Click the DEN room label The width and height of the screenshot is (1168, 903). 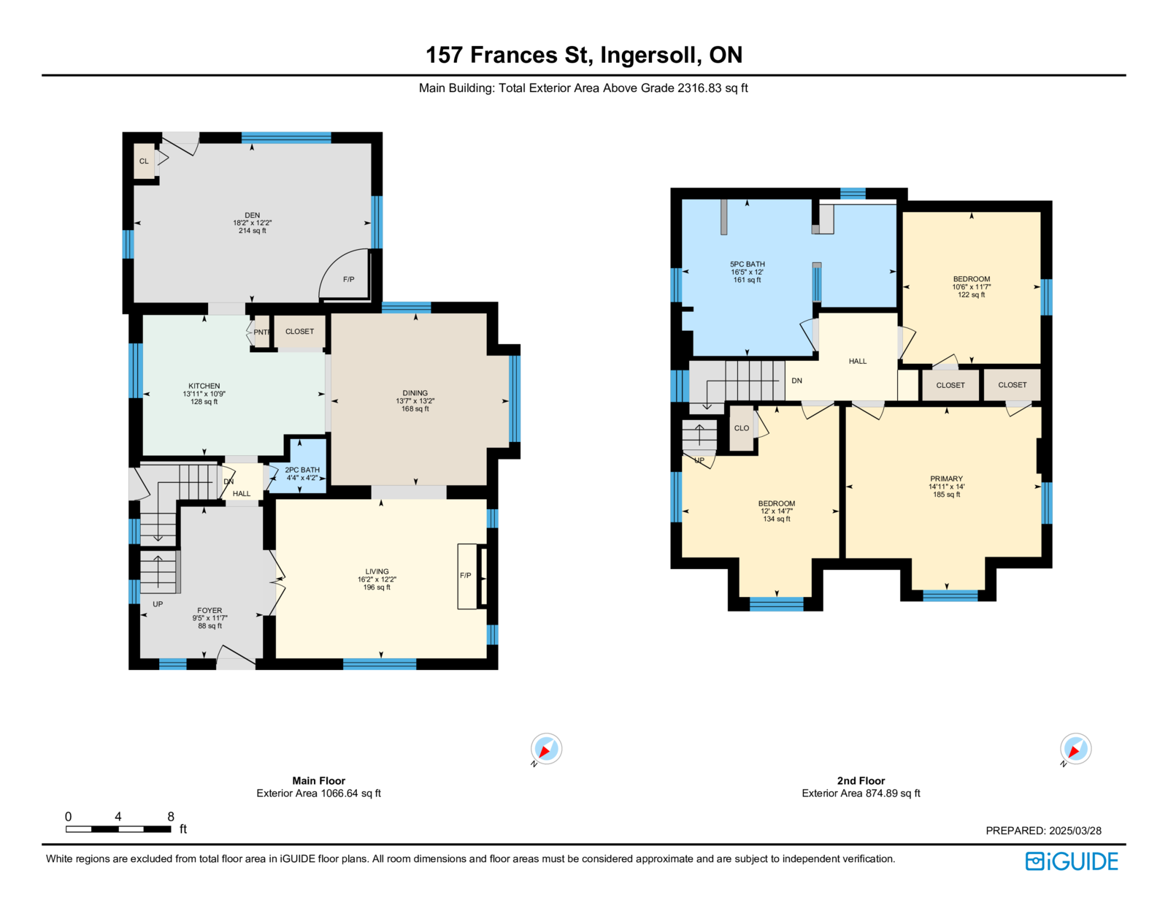[x=252, y=215]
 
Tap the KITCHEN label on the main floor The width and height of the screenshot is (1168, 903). [x=204, y=386]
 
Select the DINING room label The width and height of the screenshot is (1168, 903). [x=415, y=393]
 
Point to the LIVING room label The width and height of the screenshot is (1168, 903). [x=377, y=572]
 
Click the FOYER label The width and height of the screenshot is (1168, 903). [x=210, y=611]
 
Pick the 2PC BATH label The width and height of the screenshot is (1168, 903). [x=302, y=470]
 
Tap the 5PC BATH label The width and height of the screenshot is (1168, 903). [x=747, y=264]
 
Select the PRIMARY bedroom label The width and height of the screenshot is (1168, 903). [x=947, y=479]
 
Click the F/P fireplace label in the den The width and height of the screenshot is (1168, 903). [x=349, y=279]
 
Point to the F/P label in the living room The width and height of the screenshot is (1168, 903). [x=466, y=576]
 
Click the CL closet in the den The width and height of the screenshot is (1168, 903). [x=144, y=161]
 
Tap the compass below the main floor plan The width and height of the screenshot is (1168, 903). [x=546, y=749]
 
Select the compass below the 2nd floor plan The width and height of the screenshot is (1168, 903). [x=1075, y=749]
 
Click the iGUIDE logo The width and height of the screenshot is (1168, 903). [x=1071, y=861]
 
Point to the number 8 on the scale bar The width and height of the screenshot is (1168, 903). [x=171, y=816]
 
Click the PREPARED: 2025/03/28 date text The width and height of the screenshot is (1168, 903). [x=1043, y=831]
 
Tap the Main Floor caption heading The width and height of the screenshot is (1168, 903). [x=319, y=780]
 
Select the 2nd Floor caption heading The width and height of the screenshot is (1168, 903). [x=861, y=780]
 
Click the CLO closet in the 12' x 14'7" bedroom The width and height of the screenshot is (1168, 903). [x=742, y=428]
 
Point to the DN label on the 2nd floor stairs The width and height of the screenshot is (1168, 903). [x=796, y=381]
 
